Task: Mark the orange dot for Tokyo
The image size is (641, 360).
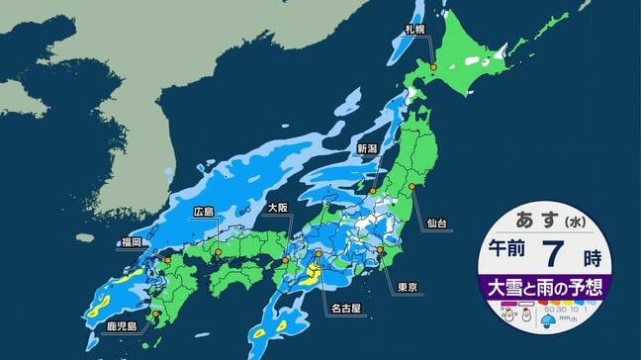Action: click(x=381, y=251)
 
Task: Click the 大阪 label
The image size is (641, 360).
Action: click(x=280, y=209)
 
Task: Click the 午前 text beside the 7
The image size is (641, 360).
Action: click(x=512, y=259)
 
